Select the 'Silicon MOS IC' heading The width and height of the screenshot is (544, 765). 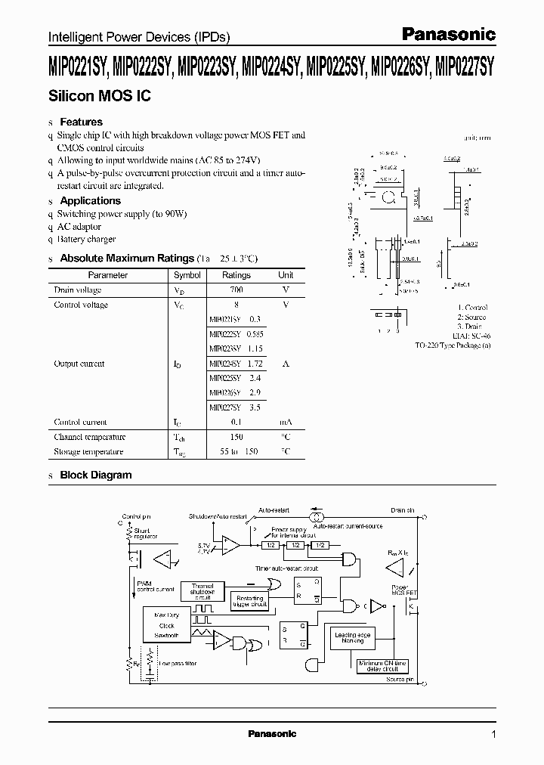point(90,97)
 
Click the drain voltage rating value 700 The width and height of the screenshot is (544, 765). point(236,290)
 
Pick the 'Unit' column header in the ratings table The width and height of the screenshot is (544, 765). point(286,275)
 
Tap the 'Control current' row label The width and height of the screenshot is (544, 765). point(81,422)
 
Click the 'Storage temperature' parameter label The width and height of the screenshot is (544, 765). point(88,451)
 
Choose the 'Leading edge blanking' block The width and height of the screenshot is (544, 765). point(354,640)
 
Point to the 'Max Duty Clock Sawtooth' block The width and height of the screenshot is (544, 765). point(166,626)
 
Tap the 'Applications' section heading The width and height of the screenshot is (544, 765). point(90,200)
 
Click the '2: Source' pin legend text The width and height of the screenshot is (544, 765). point(472,317)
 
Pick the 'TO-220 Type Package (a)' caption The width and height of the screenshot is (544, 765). point(453,345)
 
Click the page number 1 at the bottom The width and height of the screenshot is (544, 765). point(493,734)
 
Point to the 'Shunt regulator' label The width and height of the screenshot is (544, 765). point(146,534)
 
